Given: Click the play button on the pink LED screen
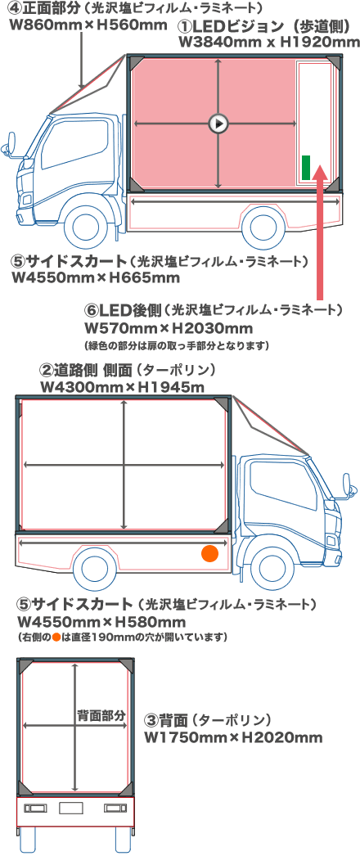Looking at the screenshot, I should (x=218, y=124).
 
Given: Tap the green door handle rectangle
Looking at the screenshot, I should (x=306, y=167).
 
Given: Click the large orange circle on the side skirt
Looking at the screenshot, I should (x=210, y=553).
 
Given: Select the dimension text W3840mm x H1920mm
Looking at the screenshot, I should (x=268, y=41).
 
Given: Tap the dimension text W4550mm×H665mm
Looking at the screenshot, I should (x=96, y=278).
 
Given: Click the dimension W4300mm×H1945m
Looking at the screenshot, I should (x=122, y=385).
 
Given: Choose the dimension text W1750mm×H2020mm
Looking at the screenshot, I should (x=233, y=737).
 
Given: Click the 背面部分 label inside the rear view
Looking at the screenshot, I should (x=101, y=714).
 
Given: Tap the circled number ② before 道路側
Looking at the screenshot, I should (x=47, y=370).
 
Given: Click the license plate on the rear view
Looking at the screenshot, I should (x=72, y=808).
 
